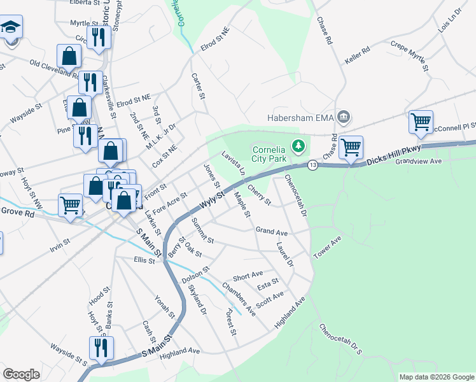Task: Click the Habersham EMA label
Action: click(x=298, y=117)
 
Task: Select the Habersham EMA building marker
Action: click(x=344, y=116)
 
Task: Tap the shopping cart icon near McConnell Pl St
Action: click(x=421, y=121)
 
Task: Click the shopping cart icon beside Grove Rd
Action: click(x=70, y=205)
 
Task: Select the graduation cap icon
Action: click(x=11, y=29)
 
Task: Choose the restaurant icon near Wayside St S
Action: click(x=101, y=348)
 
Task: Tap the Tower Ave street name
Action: click(x=328, y=247)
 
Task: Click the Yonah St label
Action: click(x=165, y=306)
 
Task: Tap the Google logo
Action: click(x=21, y=374)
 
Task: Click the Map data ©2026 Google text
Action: click(x=436, y=377)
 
